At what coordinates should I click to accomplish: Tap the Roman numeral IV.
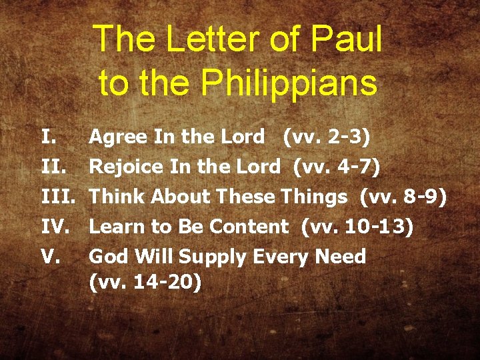(x=53, y=227)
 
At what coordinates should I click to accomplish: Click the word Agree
(x=118, y=138)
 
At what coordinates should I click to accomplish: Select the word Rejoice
(x=126, y=167)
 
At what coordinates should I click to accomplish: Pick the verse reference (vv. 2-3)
(x=327, y=137)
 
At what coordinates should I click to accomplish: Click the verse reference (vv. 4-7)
(x=337, y=167)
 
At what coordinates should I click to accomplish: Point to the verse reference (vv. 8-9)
(x=403, y=197)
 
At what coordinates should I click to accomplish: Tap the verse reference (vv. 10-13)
(x=357, y=227)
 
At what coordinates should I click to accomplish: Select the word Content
(x=249, y=227)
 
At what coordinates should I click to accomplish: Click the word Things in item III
(x=314, y=197)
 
